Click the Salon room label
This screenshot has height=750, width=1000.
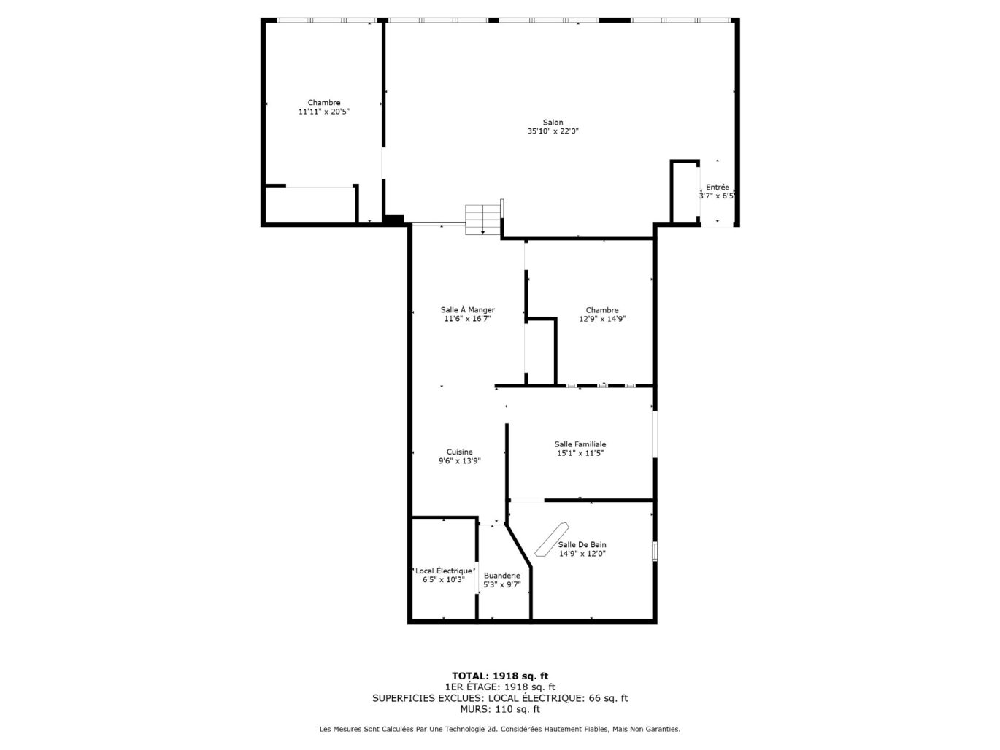click(x=553, y=122)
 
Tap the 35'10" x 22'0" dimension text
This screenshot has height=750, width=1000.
click(x=553, y=131)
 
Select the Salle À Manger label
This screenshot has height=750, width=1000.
click(x=467, y=309)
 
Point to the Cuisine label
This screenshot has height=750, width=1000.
click(x=459, y=452)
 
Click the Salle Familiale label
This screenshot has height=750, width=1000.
click(x=580, y=444)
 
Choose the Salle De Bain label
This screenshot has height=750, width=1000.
click(x=582, y=544)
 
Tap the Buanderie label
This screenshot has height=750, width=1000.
click(x=501, y=576)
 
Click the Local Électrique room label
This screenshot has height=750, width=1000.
click(x=443, y=571)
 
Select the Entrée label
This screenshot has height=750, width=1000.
click(x=717, y=187)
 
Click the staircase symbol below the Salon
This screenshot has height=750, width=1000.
click(x=483, y=220)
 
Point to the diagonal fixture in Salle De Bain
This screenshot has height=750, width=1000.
click(x=551, y=540)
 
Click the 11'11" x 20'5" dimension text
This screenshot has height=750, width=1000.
click(x=323, y=112)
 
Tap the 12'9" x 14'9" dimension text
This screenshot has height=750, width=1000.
click(x=601, y=319)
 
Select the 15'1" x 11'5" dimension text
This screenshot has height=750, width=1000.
click(x=580, y=453)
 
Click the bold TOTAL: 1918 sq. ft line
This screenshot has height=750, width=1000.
click(x=500, y=676)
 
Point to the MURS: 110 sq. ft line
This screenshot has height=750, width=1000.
click(x=500, y=709)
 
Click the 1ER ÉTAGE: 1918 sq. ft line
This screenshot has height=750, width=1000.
click(x=500, y=687)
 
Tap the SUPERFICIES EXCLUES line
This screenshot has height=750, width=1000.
click(x=500, y=698)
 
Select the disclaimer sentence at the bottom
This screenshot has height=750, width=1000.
click(x=500, y=729)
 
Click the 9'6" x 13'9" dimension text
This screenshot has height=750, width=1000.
click(x=459, y=461)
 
